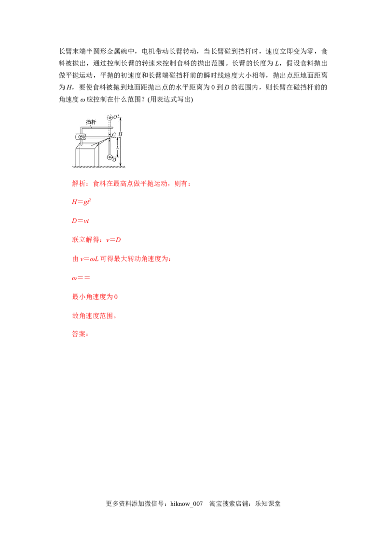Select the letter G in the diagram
pyautogui.click(x=114, y=135)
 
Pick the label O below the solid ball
pyautogui.click(x=114, y=160)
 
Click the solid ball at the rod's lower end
pyautogui.click(x=110, y=157)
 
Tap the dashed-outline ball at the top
pyautogui.click(x=110, y=117)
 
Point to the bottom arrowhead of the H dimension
pyautogui.click(x=120, y=165)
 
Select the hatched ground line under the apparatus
pyautogui.click(x=98, y=167)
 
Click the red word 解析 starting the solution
pyautogui.click(x=77, y=184)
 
